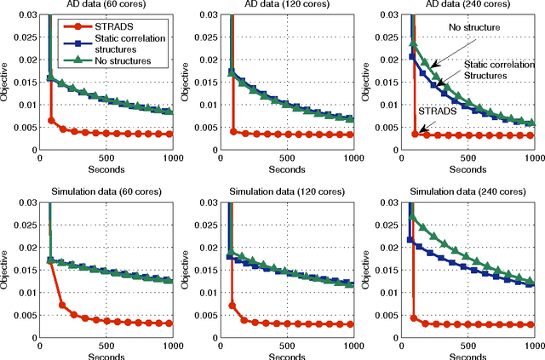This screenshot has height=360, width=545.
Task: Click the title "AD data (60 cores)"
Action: tap(105, 5)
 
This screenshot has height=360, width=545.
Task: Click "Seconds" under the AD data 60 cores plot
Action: tap(105, 169)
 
